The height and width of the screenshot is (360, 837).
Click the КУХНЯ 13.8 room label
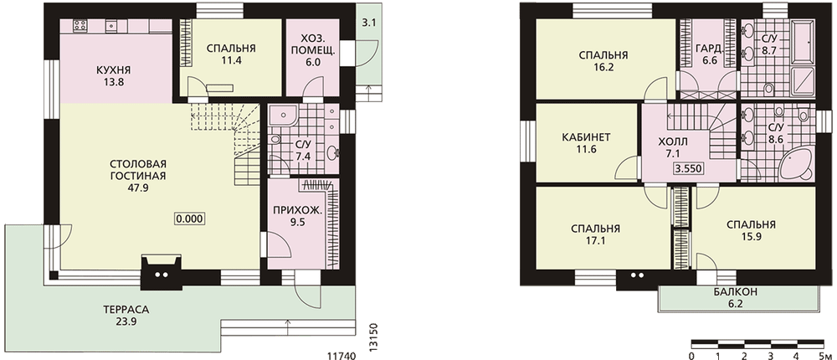(113, 76)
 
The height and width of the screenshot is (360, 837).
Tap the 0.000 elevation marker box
(190, 219)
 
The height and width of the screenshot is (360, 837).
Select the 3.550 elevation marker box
(689, 169)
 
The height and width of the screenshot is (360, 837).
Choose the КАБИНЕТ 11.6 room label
(586, 143)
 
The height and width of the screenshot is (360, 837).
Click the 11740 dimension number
(341, 355)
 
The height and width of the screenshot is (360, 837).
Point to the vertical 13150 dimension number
(373, 336)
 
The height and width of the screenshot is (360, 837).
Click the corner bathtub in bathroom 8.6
(796, 166)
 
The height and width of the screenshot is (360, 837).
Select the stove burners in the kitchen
(80, 24)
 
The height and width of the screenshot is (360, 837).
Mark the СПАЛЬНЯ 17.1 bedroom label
(595, 234)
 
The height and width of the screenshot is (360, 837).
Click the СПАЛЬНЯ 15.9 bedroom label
(751, 230)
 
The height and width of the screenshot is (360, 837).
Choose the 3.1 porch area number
(368, 23)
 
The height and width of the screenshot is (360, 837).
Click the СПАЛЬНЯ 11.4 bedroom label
(231, 54)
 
